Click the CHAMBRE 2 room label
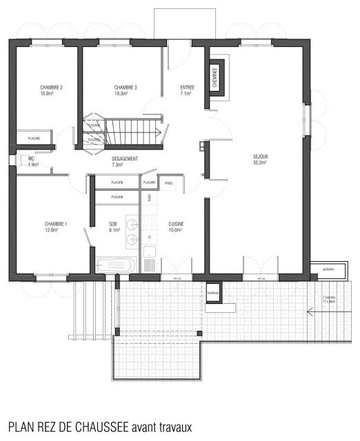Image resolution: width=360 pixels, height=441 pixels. pos(52,88)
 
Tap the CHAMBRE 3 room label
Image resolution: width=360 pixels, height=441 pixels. pos(126,88)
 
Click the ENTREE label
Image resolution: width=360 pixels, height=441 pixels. pos(187,88)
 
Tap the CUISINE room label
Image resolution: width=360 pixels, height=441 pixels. pos(176,225)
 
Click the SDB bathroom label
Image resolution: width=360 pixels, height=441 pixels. pos(113,225)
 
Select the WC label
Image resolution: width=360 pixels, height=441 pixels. pos(32,159)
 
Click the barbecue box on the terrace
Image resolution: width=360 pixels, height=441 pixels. pos(213,291)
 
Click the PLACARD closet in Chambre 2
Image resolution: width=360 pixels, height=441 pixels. pos(33,139)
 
